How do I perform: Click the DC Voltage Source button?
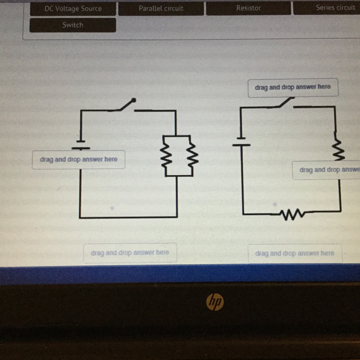pyautogui.click(x=73, y=9)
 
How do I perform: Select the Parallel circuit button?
pyautogui.click(x=161, y=8)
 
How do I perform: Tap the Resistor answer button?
pyautogui.click(x=248, y=8)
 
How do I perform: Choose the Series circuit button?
pyautogui.click(x=327, y=8)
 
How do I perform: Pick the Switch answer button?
pyautogui.click(x=73, y=25)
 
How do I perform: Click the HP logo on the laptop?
pyautogui.click(x=215, y=301)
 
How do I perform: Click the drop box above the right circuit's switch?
pyautogui.click(x=293, y=88)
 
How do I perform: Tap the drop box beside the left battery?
pyautogui.click(x=79, y=160)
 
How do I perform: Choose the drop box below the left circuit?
pyautogui.click(x=130, y=253)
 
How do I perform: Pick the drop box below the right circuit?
pyautogui.click(x=295, y=253)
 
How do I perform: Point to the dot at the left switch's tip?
pyautogui.click(x=134, y=100)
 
